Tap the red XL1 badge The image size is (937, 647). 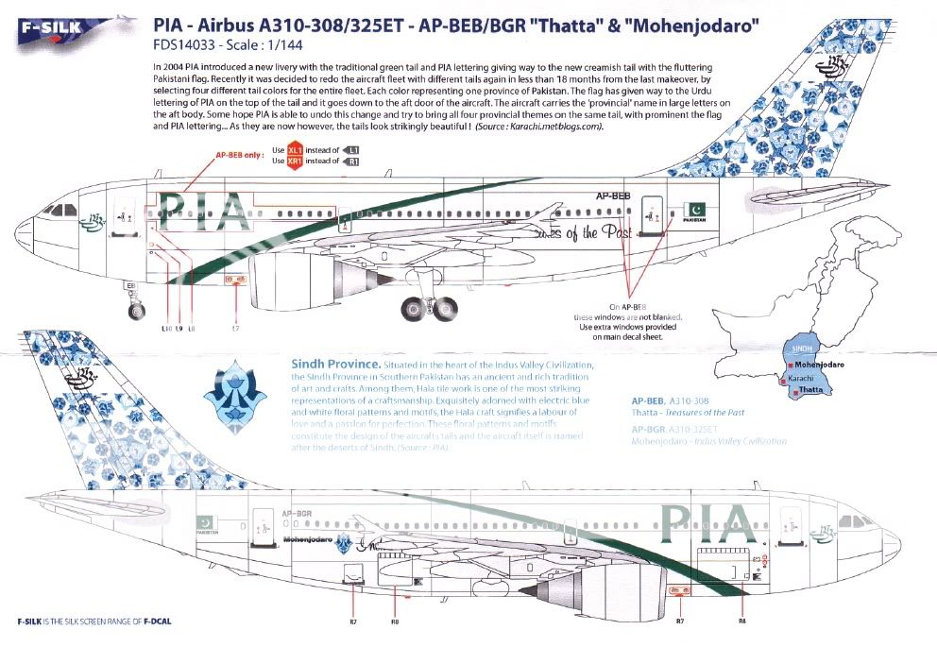297,150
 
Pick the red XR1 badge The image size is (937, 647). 297,162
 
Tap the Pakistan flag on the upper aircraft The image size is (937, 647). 691,207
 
